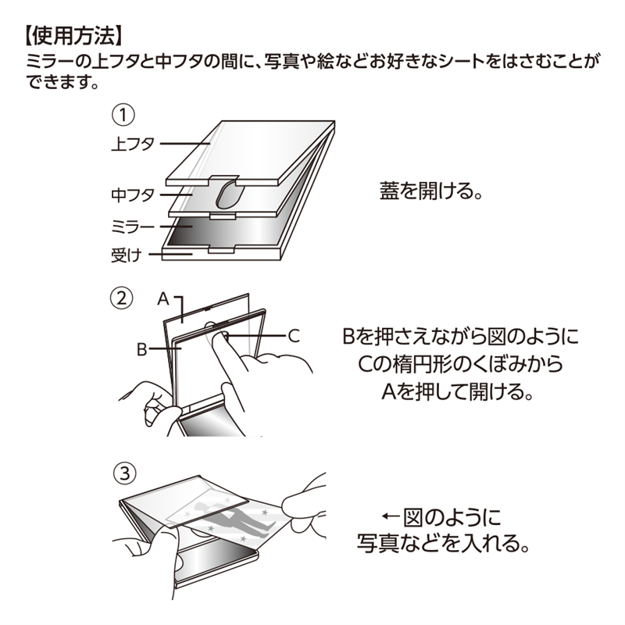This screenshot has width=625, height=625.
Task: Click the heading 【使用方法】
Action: pos(70,35)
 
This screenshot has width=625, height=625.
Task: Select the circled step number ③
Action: pos(125,473)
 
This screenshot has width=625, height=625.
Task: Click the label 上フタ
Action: pos(134,144)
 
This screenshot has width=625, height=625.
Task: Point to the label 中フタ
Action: pos(134,195)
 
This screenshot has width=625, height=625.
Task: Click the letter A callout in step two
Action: pos(163,298)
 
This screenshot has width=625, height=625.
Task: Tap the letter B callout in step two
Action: pos(141,349)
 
